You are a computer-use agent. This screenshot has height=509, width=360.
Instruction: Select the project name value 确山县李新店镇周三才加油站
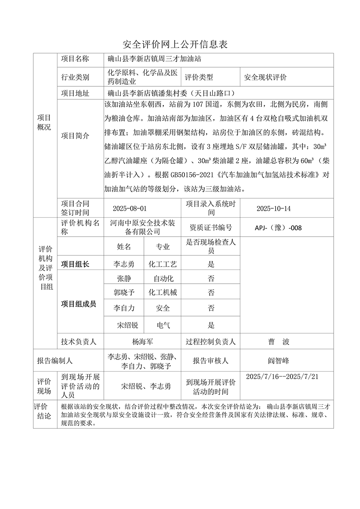(154, 59)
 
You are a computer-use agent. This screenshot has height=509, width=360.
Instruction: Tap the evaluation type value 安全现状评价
(265, 77)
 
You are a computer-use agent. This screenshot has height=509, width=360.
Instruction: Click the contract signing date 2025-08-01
(129, 209)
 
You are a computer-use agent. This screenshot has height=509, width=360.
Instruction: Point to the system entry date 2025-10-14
(274, 209)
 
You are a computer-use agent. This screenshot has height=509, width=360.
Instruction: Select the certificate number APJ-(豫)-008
(278, 228)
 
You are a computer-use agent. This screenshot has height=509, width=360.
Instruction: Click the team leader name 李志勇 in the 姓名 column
(124, 264)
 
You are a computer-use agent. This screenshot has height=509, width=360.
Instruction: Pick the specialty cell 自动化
(163, 278)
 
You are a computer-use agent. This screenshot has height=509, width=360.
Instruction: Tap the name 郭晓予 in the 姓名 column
(124, 293)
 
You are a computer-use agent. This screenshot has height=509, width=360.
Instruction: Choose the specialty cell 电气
(163, 325)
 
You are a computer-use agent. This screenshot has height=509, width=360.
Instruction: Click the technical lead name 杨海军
(143, 342)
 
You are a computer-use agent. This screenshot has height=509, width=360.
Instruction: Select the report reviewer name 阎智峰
(278, 360)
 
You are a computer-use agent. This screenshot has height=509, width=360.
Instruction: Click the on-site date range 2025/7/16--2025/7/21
(282, 376)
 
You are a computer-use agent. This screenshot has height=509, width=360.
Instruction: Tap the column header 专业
(163, 247)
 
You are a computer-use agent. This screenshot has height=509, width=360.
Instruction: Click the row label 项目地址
(75, 93)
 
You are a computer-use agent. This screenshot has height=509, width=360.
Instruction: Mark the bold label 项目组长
(75, 264)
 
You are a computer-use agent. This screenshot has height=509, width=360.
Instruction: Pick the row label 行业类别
(75, 77)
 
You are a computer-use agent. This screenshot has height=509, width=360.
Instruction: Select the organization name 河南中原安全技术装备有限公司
(143, 228)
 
